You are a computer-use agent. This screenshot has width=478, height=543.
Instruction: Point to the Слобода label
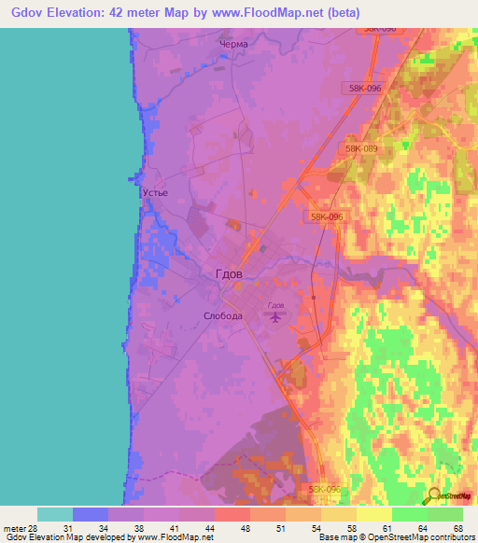pyautogui.click(x=223, y=315)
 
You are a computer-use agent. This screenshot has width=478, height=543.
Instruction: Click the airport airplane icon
pyautogui.click(x=275, y=318)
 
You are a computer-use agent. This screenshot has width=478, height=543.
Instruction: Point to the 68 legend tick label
pyautogui.click(x=458, y=527)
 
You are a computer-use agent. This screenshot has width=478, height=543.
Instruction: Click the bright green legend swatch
pyautogui.click(x=409, y=514)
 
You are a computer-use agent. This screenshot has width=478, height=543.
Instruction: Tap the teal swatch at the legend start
pyautogui.click(x=54, y=514)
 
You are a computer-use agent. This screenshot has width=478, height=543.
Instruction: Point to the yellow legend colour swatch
pyautogui.click(x=373, y=514)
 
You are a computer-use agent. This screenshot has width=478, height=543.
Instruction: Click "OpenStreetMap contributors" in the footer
pyautogui.click(x=412, y=537)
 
